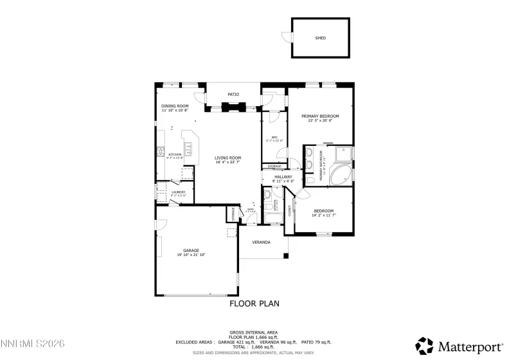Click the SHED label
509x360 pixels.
pyautogui.click(x=320, y=38)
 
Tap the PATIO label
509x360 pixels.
pyautogui.click(x=233, y=94)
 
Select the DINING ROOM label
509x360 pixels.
pyautogui.click(x=175, y=105)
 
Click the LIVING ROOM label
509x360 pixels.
pyautogui.click(x=228, y=157)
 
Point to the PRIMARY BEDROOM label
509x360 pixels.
pyautogui.click(x=320, y=116)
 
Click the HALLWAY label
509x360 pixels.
pyautogui.click(x=283, y=177)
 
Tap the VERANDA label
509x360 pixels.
pyautogui.click(x=261, y=242)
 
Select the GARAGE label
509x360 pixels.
pyautogui.click(x=191, y=250)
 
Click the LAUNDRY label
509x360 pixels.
pyautogui.click(x=178, y=192)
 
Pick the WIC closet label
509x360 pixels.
pyautogui.click(x=274, y=137)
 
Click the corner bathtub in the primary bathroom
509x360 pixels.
pyautogui.click(x=341, y=174)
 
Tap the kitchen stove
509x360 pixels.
pyautogui.click(x=161, y=153)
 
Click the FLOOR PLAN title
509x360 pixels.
pyautogui.click(x=254, y=303)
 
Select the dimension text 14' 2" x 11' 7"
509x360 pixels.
pyautogui.click(x=323, y=215)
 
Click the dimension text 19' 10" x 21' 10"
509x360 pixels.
pyautogui.click(x=191, y=255)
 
